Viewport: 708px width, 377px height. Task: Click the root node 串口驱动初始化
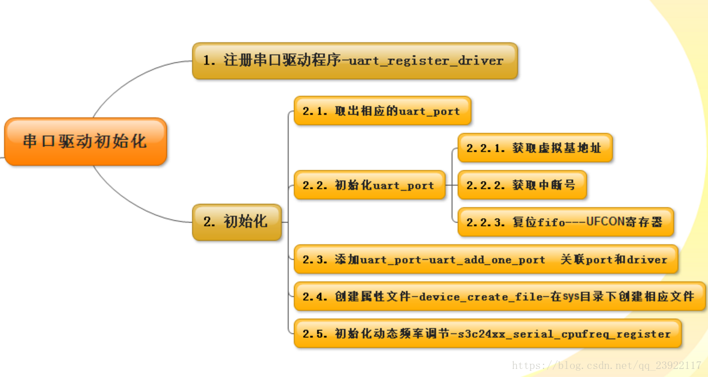85,141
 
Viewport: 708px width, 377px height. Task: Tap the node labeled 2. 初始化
236,222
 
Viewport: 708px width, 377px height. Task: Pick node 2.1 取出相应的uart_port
382,111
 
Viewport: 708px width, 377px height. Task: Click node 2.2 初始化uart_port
369,185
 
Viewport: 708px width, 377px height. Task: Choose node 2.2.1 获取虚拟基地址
534,148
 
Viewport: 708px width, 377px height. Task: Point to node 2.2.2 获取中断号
521,185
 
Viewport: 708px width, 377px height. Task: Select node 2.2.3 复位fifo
565,222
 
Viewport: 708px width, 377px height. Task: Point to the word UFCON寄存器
624,222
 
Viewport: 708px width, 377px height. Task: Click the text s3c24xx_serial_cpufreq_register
564,334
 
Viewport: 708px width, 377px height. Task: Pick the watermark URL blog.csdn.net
606,365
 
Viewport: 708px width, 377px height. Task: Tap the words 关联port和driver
614,260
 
